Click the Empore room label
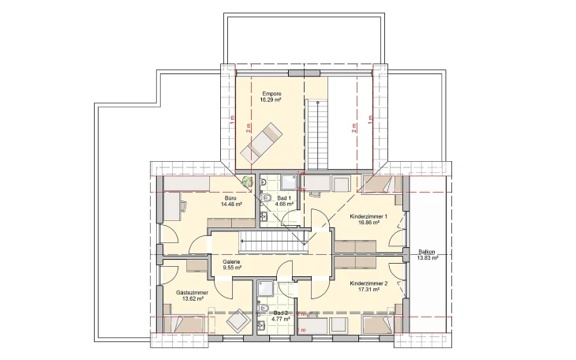[271, 94]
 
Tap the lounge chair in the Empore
[260, 141]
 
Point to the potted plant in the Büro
[249, 182]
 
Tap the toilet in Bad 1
[266, 197]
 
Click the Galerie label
[231, 261]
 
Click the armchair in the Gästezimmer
[236, 321]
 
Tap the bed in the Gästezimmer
[181, 324]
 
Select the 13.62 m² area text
[187, 299]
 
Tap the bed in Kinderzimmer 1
[380, 185]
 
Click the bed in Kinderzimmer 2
[378, 324]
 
